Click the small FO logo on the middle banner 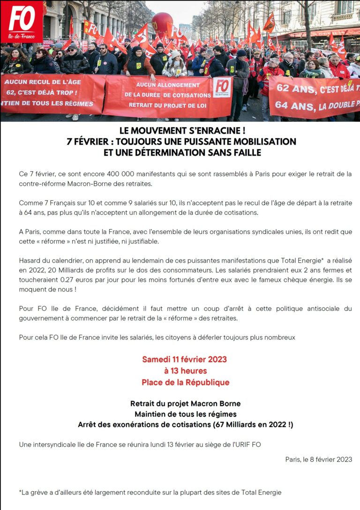[x=222, y=87]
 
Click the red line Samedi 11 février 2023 [x=185, y=360]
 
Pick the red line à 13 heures [x=185, y=371]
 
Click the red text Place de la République [x=186, y=382]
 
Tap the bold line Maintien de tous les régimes [x=186, y=414]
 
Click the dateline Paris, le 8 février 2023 [x=318, y=459]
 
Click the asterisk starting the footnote [x=21, y=492]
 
